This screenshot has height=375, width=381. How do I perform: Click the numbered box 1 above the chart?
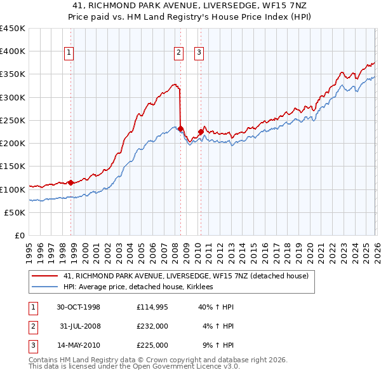[x=69, y=53]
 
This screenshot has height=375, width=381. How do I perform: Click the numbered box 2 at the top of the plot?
[x=178, y=53]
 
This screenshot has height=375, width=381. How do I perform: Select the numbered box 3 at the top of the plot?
[x=199, y=53]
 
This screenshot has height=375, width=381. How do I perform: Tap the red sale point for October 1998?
[x=70, y=182]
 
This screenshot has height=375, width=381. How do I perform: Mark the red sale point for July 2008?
[x=180, y=128]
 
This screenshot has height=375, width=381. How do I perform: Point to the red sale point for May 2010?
[x=201, y=132]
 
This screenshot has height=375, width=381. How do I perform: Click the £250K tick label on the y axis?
[x=13, y=120]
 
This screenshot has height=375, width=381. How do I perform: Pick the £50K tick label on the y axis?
[x=15, y=212]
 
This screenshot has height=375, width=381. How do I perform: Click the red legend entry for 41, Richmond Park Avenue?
[x=186, y=276]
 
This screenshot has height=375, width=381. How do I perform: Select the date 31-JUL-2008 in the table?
[x=80, y=326]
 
